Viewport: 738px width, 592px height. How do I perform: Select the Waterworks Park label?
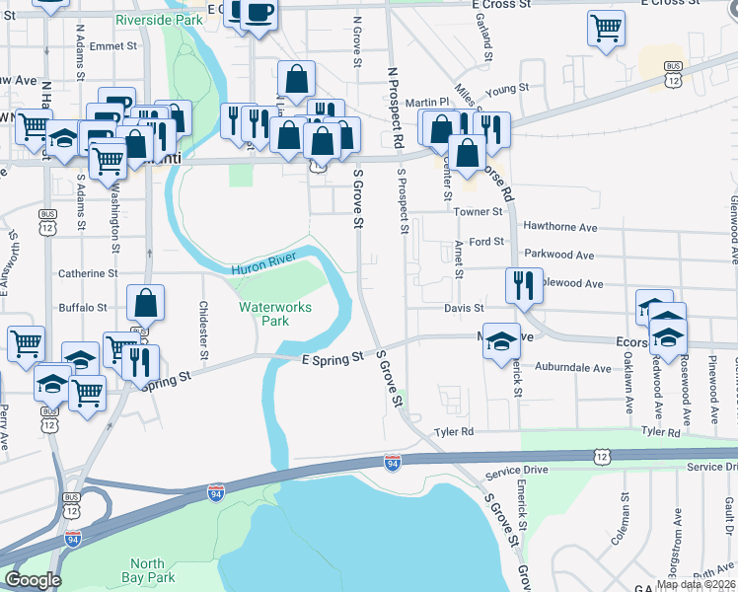(275, 314)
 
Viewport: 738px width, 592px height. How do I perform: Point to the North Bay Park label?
(147, 570)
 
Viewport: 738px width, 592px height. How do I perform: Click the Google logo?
(33, 581)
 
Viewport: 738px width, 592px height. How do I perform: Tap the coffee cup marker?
(258, 14)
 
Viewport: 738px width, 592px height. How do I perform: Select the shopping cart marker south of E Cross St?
(606, 28)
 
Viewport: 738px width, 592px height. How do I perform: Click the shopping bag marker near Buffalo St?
(145, 303)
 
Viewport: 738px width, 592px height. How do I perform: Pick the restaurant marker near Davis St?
(523, 285)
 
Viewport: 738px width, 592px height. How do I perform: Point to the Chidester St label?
(204, 330)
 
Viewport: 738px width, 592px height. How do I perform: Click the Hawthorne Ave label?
(560, 227)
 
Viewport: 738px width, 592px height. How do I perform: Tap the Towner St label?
(479, 211)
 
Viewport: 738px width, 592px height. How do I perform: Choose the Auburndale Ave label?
(574, 367)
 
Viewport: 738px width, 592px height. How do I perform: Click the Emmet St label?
(111, 45)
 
